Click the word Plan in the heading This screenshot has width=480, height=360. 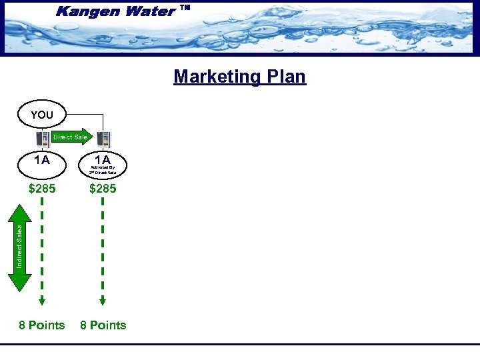[x=287, y=77]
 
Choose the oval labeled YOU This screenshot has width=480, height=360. [x=42, y=115]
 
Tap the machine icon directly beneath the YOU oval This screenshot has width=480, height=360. [x=42, y=139]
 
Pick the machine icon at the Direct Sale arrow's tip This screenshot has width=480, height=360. [x=103, y=139]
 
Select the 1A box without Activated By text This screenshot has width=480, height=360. [x=42, y=160]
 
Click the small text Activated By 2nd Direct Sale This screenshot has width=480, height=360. [x=103, y=170]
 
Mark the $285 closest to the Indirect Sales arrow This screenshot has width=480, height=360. [x=42, y=189]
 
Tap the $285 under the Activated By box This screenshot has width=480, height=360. [x=103, y=189]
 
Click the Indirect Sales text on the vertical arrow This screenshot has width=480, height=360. [x=19, y=247]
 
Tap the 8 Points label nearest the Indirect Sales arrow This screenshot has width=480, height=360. [x=42, y=325]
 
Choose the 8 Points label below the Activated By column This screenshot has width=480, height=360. [x=103, y=325]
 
